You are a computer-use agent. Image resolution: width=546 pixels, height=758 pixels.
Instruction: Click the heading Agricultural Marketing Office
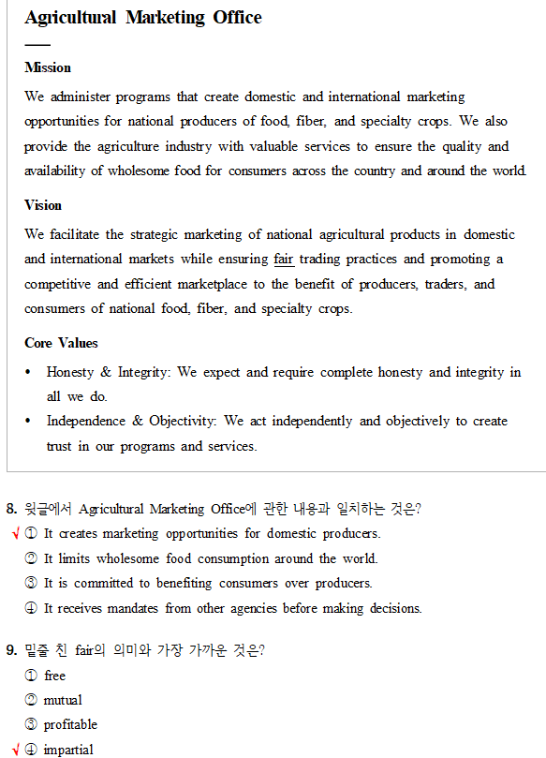coord(143,18)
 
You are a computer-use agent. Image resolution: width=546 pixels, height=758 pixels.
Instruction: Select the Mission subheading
coord(48,67)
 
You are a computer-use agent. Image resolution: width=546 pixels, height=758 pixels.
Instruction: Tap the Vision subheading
coord(43,205)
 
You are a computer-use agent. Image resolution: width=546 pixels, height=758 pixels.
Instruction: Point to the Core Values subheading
coord(61,343)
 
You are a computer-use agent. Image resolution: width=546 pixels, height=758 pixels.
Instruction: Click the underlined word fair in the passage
coord(284,259)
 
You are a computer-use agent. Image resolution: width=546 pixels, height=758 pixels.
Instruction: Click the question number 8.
coord(11,509)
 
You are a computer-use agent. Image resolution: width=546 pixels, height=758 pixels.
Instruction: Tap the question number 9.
coord(11,651)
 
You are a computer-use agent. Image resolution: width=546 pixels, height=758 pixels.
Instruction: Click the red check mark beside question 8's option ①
coord(16,534)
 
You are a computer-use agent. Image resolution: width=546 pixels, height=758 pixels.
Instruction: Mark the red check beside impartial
coord(16,749)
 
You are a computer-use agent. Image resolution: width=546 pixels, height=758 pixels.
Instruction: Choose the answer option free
coord(54,676)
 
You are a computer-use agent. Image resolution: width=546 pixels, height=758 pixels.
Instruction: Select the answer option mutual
coord(63,700)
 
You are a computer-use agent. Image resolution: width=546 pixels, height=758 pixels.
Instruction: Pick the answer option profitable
coord(70,724)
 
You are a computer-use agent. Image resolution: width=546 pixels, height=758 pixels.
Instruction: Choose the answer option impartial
coord(68,749)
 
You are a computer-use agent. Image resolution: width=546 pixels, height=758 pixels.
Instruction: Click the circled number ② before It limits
coord(31,558)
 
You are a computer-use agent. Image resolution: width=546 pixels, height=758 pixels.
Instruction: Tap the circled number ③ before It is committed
coord(31,583)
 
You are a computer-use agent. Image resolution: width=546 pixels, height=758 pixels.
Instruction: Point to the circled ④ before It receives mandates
coord(31,608)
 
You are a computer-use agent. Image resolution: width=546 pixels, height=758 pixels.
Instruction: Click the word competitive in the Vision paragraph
coord(58,284)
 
